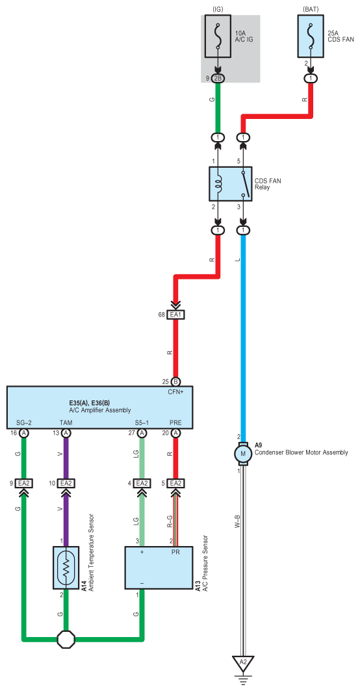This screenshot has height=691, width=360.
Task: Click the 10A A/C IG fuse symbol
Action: point(218,36)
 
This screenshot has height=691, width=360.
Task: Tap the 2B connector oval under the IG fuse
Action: point(218,79)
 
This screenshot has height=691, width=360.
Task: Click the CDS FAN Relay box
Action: point(230,184)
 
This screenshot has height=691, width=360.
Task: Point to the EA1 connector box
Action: point(175,315)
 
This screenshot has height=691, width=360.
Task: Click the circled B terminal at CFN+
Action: point(176,382)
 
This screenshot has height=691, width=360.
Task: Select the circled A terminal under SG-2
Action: point(24,434)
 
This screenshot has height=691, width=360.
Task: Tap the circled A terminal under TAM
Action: point(66,434)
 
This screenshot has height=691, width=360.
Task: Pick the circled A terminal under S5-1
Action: point(142,434)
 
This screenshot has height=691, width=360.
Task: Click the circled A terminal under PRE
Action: point(176,434)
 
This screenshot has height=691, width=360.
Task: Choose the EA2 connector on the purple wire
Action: point(66,484)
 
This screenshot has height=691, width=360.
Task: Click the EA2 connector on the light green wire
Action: point(142,484)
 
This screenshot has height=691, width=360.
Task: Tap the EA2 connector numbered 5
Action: point(176,484)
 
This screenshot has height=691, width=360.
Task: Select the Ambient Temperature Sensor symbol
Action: point(66,567)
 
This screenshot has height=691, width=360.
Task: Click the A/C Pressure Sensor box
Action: point(159,567)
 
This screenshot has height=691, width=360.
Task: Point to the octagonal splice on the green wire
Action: point(66,638)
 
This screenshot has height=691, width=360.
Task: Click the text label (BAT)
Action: point(312,9)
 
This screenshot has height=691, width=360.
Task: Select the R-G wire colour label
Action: point(170,522)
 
